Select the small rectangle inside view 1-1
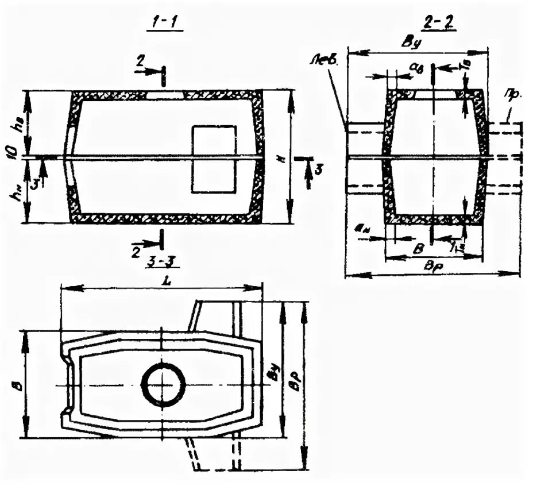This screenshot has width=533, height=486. click(213, 159)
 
